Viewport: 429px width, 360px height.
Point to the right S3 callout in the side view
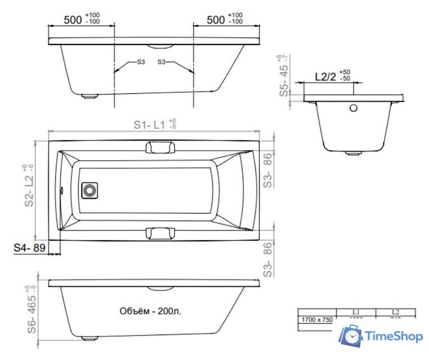[x=162, y=62]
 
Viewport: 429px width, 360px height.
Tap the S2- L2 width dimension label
[x=29, y=186]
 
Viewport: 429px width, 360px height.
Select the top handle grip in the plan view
[x=160, y=147]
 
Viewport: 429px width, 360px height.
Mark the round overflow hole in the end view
[x=354, y=108]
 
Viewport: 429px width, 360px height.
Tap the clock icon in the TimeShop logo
[x=351, y=337]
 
